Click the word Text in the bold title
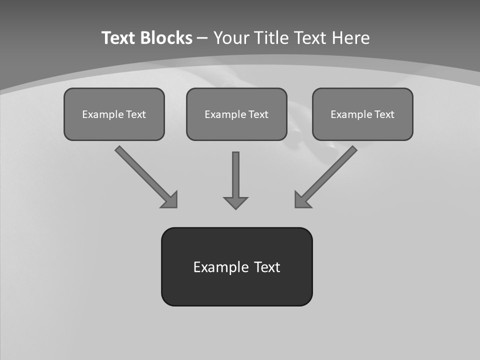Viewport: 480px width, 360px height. [x=118, y=38]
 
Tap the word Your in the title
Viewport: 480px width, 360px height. [x=231, y=38]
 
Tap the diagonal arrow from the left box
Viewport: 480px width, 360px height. [x=142, y=173]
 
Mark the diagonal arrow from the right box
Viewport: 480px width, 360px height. [x=330, y=172]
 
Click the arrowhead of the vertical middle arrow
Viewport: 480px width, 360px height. [x=235, y=202]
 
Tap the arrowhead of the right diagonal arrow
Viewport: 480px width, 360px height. [x=302, y=199]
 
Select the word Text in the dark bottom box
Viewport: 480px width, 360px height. [x=267, y=267]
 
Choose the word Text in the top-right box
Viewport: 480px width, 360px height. [x=384, y=114]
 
